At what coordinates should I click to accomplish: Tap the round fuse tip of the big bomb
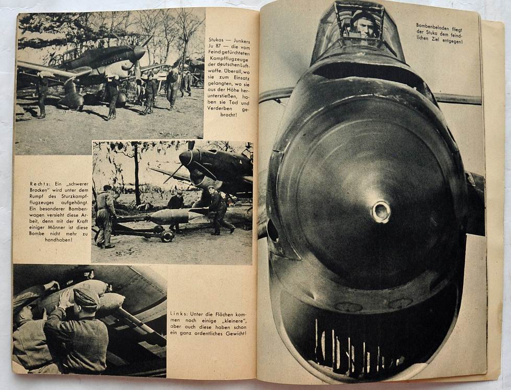click(x=381, y=212)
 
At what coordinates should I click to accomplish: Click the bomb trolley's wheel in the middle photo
click(x=167, y=236)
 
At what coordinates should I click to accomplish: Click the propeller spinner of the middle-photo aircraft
click(x=186, y=158)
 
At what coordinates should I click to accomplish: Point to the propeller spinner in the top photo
click(x=139, y=53)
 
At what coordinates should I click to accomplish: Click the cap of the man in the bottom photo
click(x=86, y=297)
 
